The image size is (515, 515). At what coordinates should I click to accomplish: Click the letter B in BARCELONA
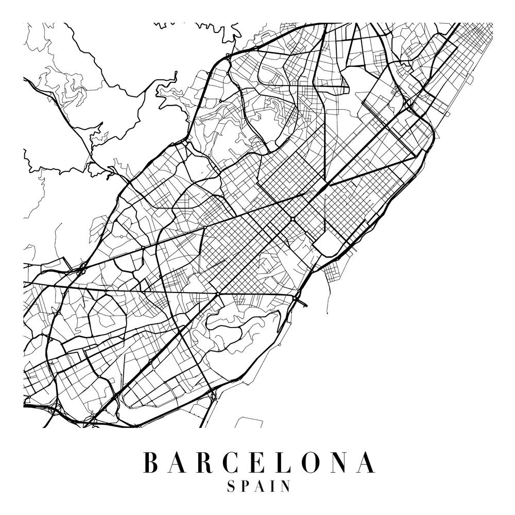(150, 462)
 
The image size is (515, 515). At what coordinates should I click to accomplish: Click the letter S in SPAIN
(231, 487)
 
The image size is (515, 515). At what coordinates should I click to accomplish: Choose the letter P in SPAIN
(245, 487)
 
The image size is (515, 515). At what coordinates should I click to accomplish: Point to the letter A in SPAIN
(259, 487)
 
